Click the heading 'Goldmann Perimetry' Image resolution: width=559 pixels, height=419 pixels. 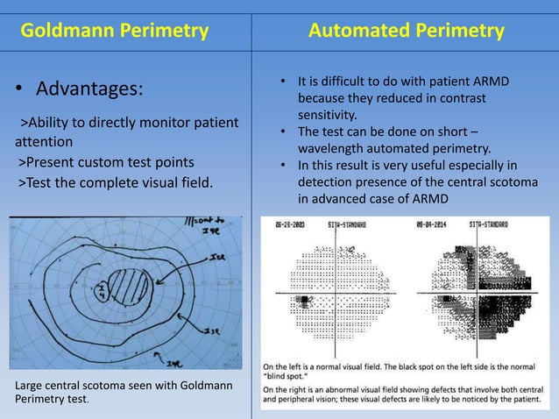point(114,32)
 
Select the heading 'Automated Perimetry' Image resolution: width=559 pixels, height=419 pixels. point(407,32)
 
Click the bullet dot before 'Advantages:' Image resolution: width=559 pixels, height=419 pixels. point(18,91)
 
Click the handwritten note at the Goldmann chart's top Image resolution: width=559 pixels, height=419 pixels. point(207,225)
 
